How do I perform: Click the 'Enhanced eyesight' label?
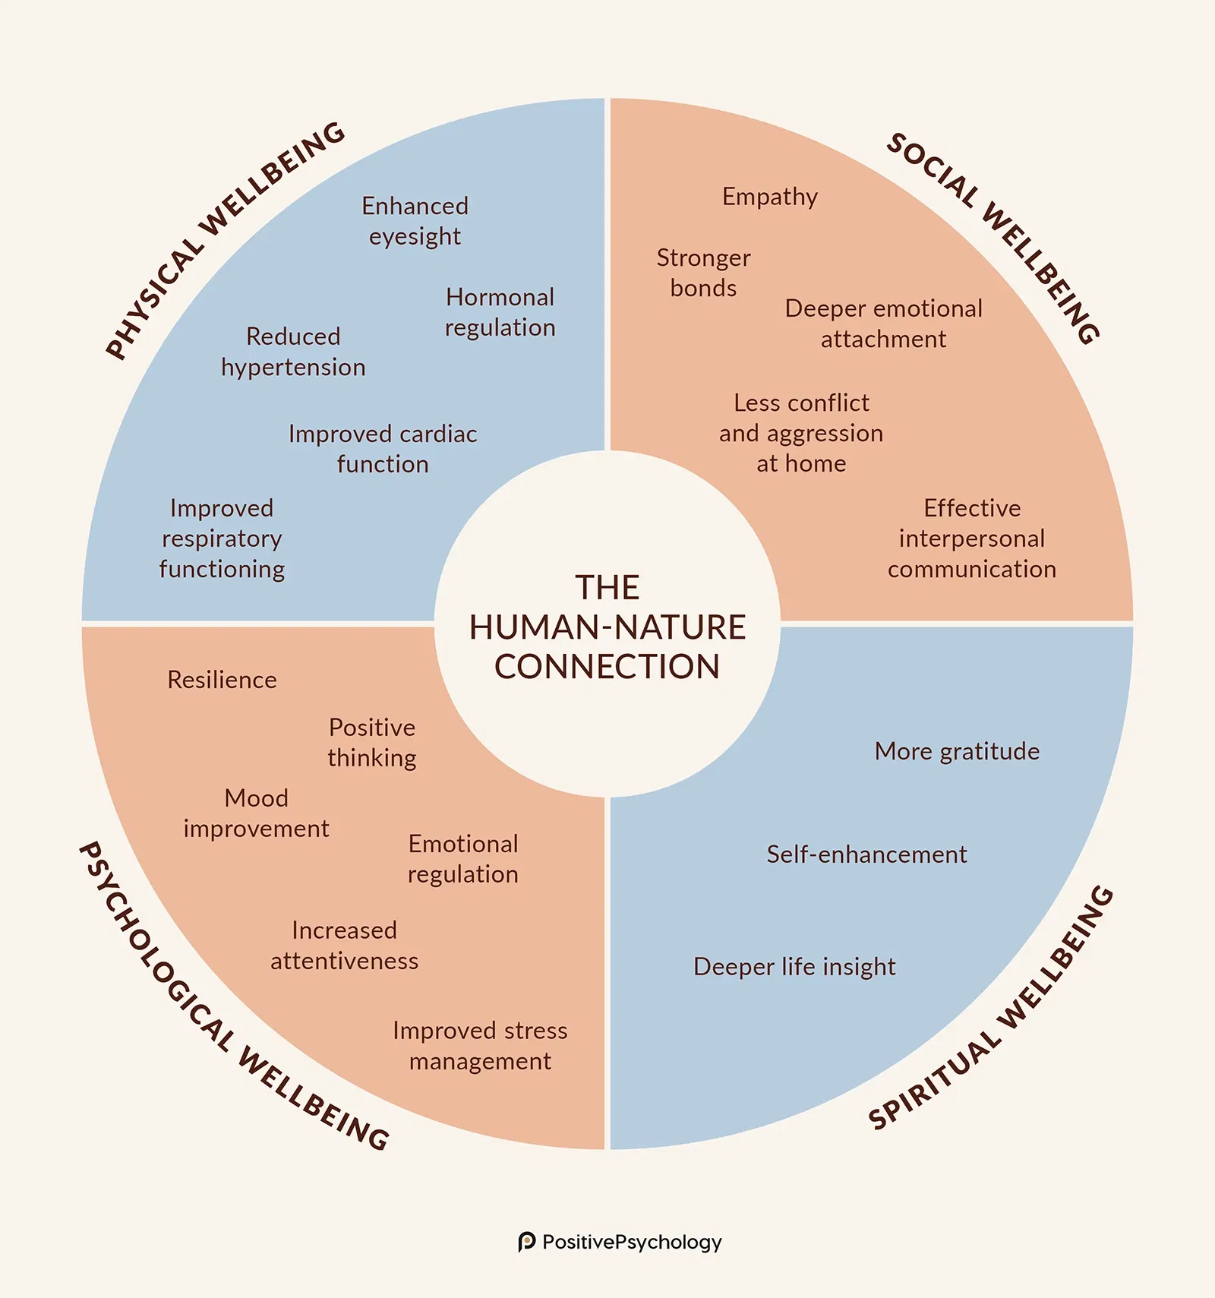point(415,221)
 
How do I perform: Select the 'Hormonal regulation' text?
point(500,312)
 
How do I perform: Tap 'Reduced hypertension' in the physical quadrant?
point(293,352)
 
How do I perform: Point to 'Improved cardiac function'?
point(383,449)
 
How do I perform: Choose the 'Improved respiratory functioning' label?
point(222,538)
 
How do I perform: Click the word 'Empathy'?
point(770,197)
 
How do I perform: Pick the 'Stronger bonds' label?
point(703,273)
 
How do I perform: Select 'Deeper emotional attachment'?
point(883,324)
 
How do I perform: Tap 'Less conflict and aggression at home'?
point(801,433)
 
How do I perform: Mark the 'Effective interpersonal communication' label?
point(972,538)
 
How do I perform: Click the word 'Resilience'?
point(222,680)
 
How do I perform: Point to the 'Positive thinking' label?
point(372,743)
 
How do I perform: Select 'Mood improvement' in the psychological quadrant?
point(257,813)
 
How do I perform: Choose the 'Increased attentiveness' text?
point(344,946)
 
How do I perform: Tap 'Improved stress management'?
point(480,1046)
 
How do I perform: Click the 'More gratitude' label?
point(957,751)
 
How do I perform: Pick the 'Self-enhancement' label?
point(866,854)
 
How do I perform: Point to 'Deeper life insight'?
point(794,967)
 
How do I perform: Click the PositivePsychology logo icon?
point(526,1242)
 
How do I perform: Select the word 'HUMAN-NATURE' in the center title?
point(607,627)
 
